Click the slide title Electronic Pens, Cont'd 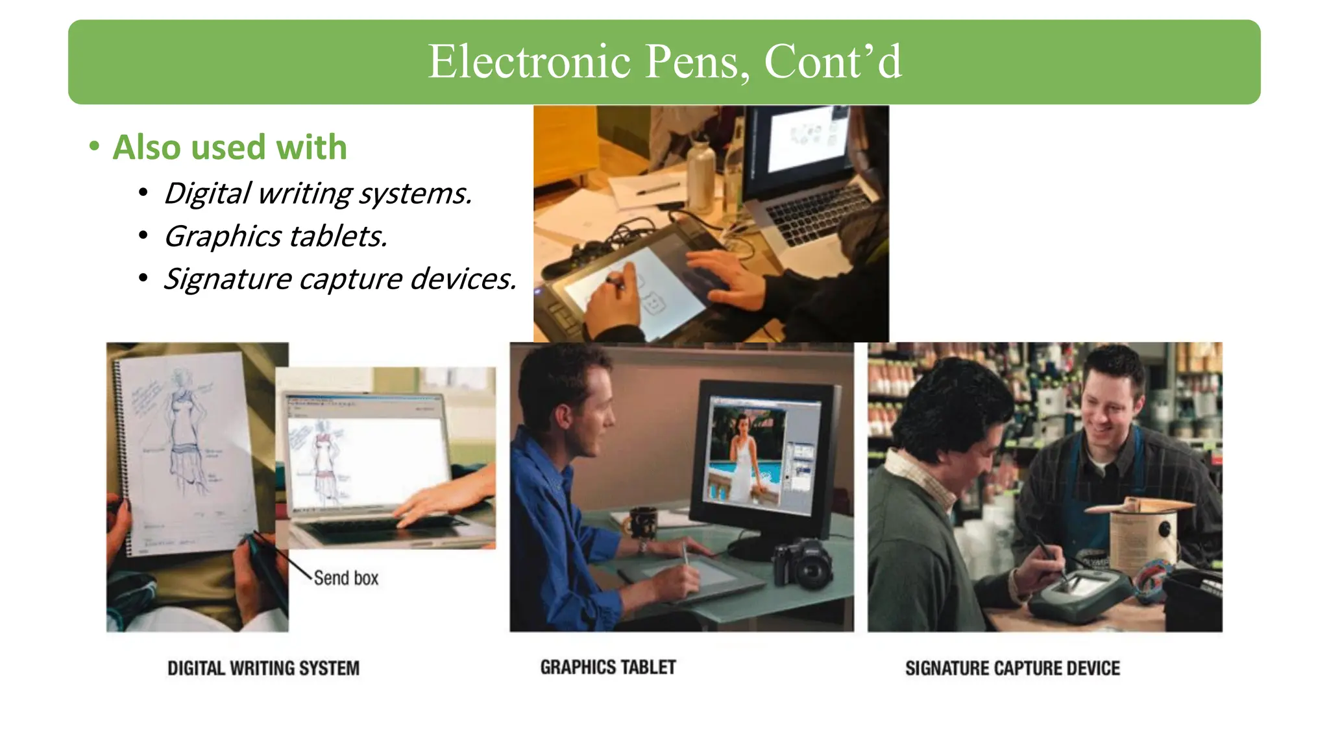point(664,62)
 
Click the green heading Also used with point(230,147)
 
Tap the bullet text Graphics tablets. point(276,236)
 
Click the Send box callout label point(346,578)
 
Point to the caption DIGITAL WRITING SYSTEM point(263,668)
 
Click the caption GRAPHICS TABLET point(608,667)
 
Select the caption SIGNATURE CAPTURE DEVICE point(1012,668)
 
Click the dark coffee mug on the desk point(642,522)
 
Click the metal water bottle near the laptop point(701,169)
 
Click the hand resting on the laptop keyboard point(441,499)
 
